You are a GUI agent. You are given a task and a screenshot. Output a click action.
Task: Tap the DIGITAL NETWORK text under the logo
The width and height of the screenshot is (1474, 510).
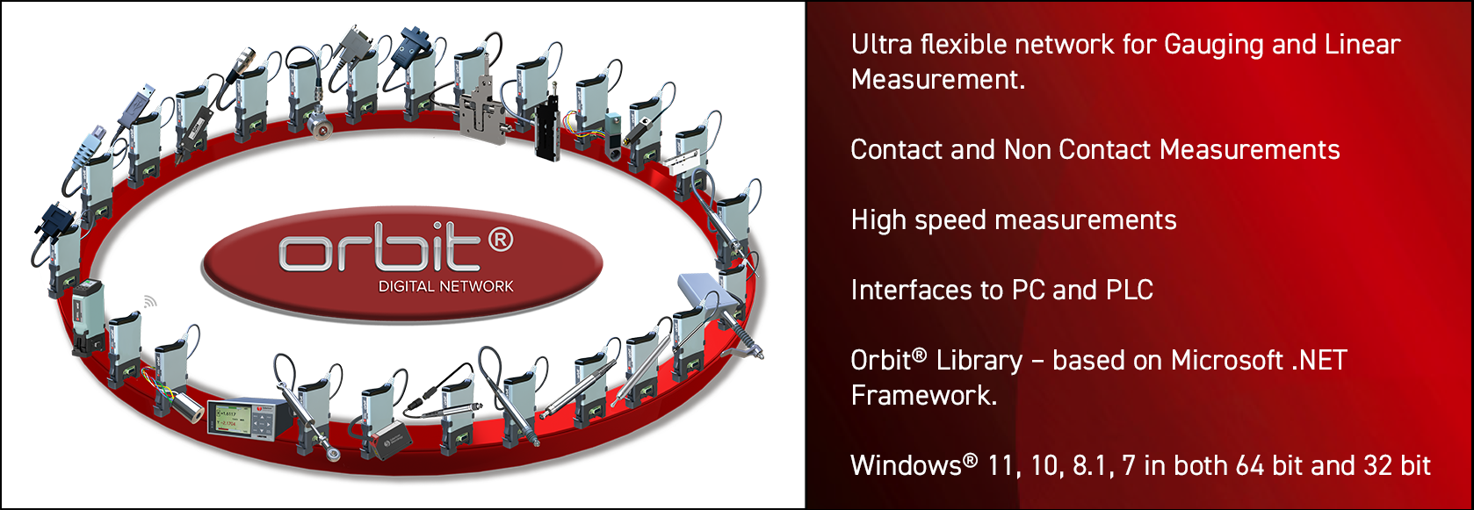[445, 286]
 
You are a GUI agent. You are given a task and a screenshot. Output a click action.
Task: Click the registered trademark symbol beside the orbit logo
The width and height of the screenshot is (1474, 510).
[500, 239]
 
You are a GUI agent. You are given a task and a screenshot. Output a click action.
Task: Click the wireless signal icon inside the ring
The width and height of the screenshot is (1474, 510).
[150, 301]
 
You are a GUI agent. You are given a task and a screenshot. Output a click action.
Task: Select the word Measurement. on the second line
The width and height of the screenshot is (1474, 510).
[937, 80]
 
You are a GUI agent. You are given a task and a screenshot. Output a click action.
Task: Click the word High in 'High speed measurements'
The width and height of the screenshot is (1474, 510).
[878, 220]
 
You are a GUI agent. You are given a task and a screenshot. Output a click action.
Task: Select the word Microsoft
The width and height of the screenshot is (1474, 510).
[1227, 361]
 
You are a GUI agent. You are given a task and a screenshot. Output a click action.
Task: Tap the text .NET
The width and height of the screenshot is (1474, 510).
[1319, 361]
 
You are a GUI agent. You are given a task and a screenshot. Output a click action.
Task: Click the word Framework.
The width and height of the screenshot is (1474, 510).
[923, 396]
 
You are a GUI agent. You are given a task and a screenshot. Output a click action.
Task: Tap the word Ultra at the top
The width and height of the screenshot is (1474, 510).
[881, 45]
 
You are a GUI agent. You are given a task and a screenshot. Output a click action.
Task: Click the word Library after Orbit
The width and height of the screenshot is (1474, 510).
[979, 361]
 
